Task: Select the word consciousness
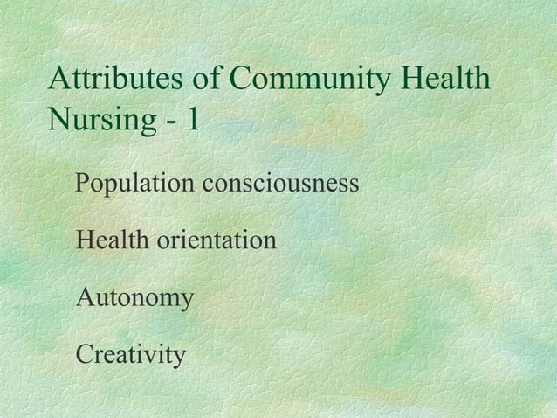[280, 185]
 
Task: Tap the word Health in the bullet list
[112, 239]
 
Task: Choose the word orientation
[216, 239]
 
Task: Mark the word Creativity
[130, 356]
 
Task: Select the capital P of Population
[83, 184]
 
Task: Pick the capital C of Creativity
[85, 355]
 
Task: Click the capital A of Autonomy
[86, 297]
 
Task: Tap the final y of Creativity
[179, 359]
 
